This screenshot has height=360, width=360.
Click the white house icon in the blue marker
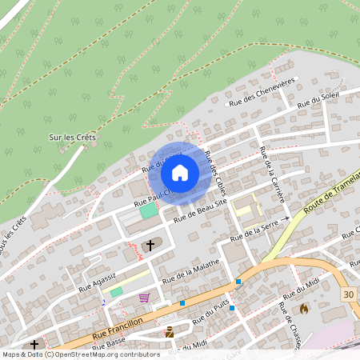point(180,172)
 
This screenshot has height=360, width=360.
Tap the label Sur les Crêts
point(72,138)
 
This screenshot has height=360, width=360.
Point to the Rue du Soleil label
point(318,100)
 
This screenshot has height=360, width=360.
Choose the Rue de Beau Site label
point(201,210)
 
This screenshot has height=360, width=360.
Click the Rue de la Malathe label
point(190,275)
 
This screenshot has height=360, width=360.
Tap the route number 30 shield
point(347,294)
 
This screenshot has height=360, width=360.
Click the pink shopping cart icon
point(144,298)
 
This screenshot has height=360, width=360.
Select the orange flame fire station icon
point(304,308)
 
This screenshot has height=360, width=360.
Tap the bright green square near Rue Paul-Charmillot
point(149,210)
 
